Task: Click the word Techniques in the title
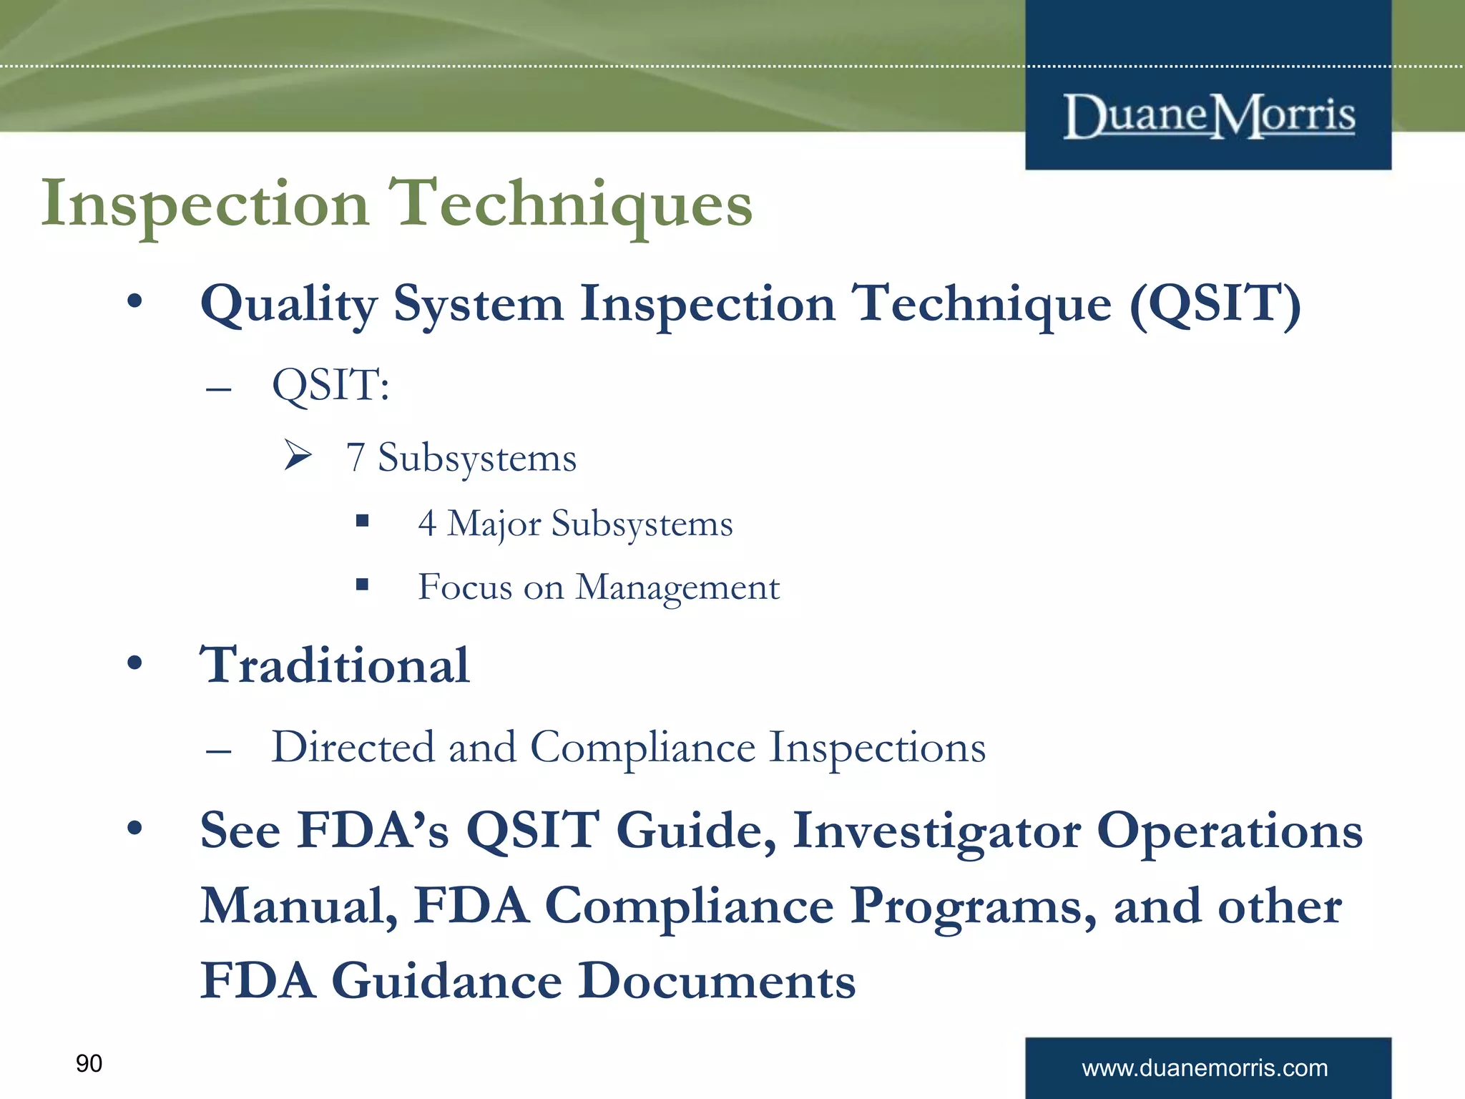click(570, 205)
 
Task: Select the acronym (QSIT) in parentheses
click(1215, 304)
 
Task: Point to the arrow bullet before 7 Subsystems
click(298, 455)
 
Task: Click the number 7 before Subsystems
click(356, 458)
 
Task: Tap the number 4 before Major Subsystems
click(427, 523)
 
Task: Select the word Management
click(677, 588)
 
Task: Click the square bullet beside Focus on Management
click(363, 585)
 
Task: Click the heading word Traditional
click(335, 665)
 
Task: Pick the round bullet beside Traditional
click(134, 663)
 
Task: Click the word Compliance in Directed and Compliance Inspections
click(642, 748)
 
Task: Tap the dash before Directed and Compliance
click(217, 751)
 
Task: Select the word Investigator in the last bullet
click(936, 831)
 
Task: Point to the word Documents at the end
click(716, 981)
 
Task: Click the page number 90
click(89, 1063)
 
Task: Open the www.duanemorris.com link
click(1205, 1068)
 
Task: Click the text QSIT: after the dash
click(330, 386)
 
